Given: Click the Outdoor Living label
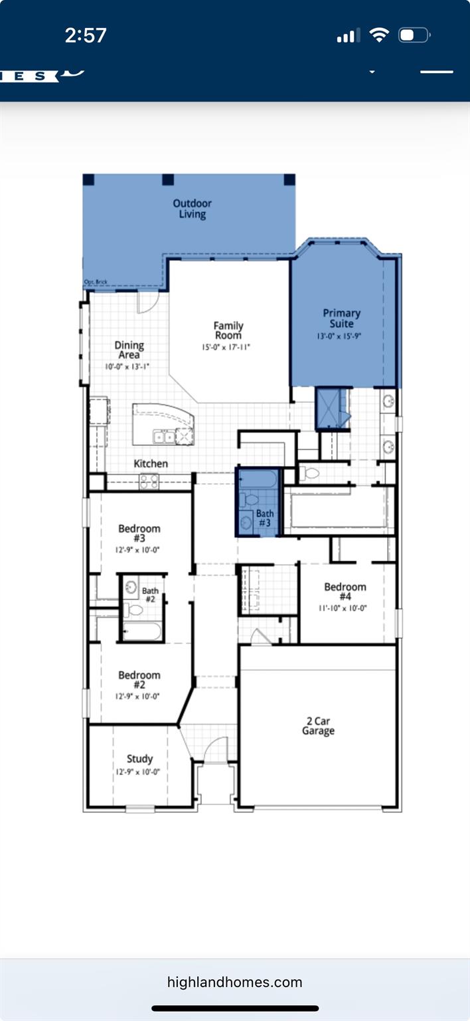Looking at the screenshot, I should click(192, 209).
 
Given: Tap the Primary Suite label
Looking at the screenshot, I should click(342, 318).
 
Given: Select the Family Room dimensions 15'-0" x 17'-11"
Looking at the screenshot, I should click(227, 347).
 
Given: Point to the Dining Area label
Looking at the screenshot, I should click(129, 350).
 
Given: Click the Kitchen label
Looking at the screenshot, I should click(151, 463).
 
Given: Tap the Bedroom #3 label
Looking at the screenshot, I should click(139, 534).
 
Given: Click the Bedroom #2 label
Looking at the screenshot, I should click(139, 680).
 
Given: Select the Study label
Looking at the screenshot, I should click(139, 758).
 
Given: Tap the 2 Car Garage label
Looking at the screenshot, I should click(318, 726).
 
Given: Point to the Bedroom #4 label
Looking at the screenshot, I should click(345, 592).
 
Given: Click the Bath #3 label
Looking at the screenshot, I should click(264, 518).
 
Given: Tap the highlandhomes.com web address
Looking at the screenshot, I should click(234, 982).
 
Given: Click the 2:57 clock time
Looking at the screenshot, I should click(86, 35).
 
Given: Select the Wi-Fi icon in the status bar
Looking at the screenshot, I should click(378, 35).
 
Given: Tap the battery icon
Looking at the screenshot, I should click(414, 35).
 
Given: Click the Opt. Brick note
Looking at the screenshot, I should click(96, 282).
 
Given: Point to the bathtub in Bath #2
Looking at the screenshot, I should click(142, 631).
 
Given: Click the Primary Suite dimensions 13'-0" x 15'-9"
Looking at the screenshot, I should click(342, 336).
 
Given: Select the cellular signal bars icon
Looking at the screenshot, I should click(349, 36).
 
